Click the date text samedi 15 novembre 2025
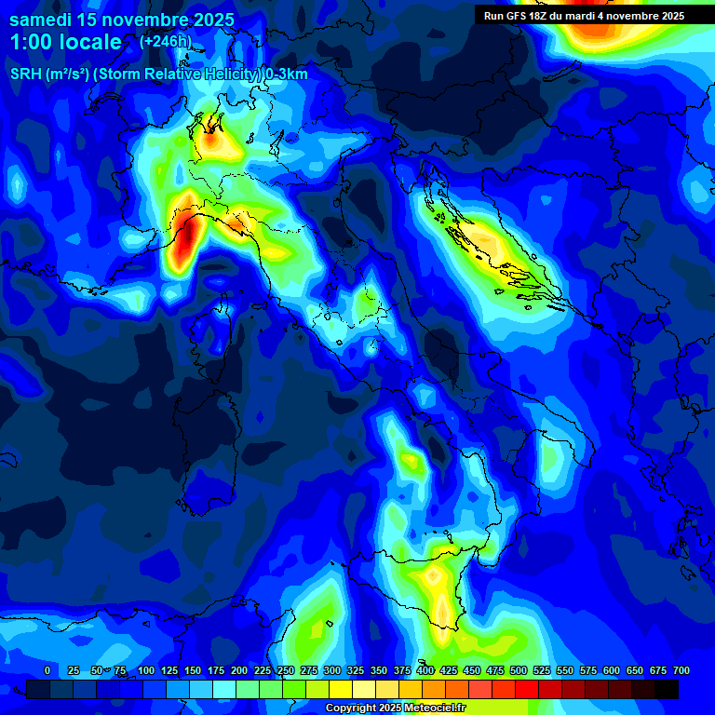point(121,20)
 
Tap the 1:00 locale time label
point(65,42)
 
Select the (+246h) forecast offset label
point(167,41)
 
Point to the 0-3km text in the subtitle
point(287,74)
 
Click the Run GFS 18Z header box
point(584,16)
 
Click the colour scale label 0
point(47,670)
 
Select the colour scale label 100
point(145,670)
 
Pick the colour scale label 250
point(285,670)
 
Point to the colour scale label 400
point(425,670)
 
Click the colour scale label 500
point(519,670)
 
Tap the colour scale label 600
point(612,670)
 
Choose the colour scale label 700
point(681,670)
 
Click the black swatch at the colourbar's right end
point(667,689)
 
